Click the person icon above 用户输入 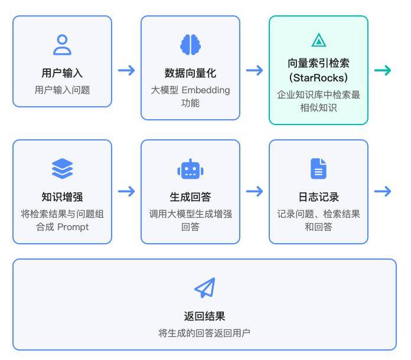click(x=62, y=45)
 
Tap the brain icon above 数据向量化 click(x=190, y=45)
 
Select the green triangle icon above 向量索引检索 click(x=318, y=40)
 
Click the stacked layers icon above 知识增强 click(x=62, y=169)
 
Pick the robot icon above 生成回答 click(x=190, y=169)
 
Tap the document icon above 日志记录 click(x=318, y=169)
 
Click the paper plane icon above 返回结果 click(x=204, y=288)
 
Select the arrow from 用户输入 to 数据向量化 click(x=126, y=71)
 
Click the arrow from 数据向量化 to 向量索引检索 click(x=255, y=71)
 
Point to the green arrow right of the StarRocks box click(x=383, y=71)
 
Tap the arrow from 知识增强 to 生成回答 click(x=126, y=191)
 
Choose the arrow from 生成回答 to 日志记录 click(x=255, y=191)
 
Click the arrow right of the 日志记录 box click(x=383, y=191)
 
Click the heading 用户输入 click(x=62, y=73)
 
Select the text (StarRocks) click(x=318, y=78)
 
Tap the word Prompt click(x=73, y=227)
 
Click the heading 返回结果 click(x=204, y=316)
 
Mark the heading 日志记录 click(x=318, y=197)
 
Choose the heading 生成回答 click(x=190, y=197)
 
